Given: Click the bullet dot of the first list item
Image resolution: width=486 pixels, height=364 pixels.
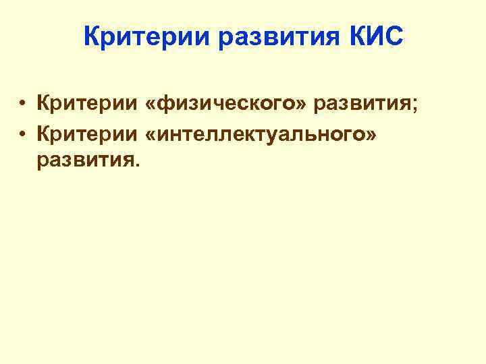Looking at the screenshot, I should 23,104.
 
